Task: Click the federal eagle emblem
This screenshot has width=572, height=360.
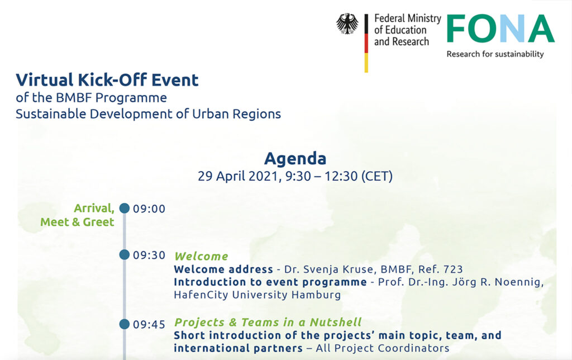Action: (x=347, y=23)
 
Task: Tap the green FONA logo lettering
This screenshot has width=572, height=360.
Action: (x=500, y=29)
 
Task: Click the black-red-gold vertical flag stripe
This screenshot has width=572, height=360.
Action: (x=366, y=43)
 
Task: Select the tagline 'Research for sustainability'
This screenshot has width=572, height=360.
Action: (x=495, y=54)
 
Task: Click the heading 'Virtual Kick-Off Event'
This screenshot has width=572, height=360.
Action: (x=107, y=79)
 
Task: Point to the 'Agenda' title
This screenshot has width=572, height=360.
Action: (x=295, y=158)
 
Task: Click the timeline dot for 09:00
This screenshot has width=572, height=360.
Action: (x=125, y=208)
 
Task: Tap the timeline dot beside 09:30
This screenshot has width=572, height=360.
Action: (x=125, y=254)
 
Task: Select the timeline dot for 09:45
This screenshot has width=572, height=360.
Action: (x=125, y=324)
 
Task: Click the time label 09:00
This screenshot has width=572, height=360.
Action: (x=149, y=209)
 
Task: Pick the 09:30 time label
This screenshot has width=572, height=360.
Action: (x=149, y=255)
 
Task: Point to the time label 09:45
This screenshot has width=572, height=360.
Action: (x=149, y=325)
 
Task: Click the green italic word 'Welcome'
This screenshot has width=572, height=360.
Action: (x=201, y=257)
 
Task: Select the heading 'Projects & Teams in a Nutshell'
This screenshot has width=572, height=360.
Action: (x=268, y=323)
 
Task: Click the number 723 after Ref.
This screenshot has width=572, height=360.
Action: (x=452, y=269)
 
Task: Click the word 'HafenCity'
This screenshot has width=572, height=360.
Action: (x=201, y=295)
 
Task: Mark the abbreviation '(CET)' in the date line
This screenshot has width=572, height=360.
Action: (x=377, y=176)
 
